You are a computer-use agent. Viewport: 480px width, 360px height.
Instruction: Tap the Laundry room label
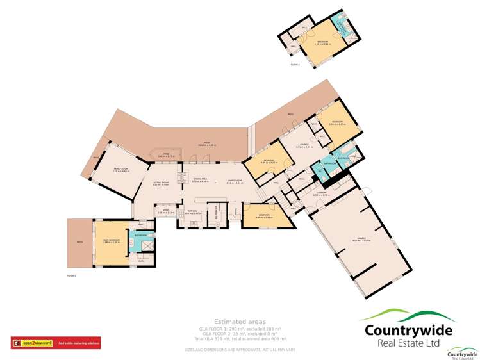(x=322, y=193)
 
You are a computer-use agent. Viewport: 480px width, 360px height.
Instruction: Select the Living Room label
(x=235, y=181)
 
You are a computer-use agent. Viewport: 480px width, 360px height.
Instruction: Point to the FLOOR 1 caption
(x=71, y=275)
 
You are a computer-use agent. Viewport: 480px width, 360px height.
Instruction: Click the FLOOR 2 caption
(x=295, y=65)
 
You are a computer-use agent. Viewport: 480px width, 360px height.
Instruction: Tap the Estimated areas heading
(x=240, y=322)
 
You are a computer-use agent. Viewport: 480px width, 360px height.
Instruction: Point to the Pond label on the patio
(x=166, y=155)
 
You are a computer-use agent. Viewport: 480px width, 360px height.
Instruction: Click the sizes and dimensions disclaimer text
(x=240, y=349)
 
